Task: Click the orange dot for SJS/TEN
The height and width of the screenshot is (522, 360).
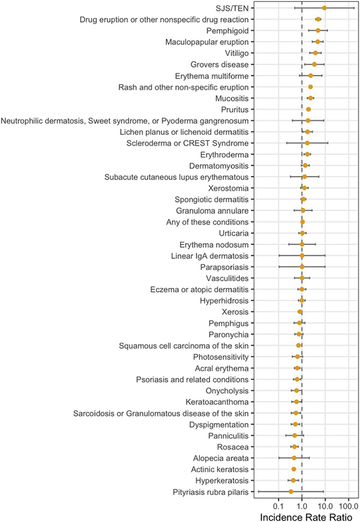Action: (324, 8)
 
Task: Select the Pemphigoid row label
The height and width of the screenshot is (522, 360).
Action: (227, 31)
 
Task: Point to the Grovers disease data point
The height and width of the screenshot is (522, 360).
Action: (314, 64)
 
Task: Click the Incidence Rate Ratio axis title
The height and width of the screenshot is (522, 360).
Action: (303, 516)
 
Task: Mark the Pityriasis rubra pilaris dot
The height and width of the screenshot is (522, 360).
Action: (291, 491)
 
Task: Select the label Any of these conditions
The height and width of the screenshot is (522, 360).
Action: (207, 222)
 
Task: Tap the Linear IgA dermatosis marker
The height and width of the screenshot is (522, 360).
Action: (302, 256)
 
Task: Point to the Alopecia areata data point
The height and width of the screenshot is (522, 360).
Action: (294, 458)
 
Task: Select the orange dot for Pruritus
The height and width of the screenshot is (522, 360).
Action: (308, 110)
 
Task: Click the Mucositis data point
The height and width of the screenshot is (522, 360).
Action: (310, 98)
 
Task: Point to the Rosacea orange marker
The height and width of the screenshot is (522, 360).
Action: (295, 447)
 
